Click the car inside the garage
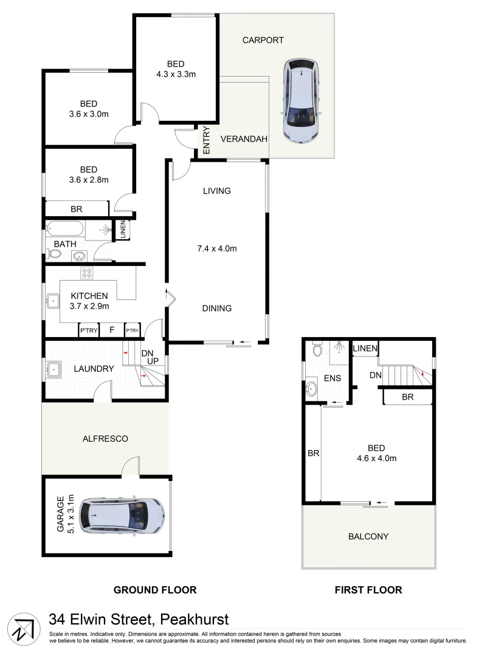tap(122, 516)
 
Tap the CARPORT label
tap(263, 40)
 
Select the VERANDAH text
tap(244, 139)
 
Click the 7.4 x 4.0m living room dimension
tap(216, 248)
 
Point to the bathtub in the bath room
tap(64, 230)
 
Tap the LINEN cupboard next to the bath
tap(123, 230)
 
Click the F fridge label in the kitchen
tap(111, 330)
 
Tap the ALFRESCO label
tap(105, 438)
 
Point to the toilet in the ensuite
tap(316, 350)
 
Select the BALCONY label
tap(368, 536)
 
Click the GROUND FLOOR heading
tap(155, 590)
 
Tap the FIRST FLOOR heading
tap(368, 590)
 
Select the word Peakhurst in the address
tap(194, 620)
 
